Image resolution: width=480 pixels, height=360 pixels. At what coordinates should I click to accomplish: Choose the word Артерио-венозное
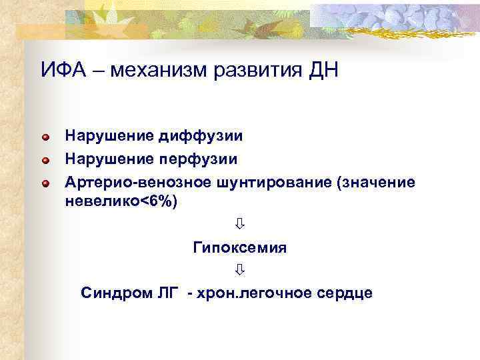tap(137, 181)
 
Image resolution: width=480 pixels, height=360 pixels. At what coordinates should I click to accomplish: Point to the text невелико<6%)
tap(121, 202)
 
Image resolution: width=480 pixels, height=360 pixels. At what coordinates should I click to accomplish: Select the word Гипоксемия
tap(239, 247)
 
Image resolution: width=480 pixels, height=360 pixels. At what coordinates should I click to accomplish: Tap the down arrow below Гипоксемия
tap(239, 270)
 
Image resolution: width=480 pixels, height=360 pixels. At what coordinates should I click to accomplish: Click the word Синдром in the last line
tap(109, 293)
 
